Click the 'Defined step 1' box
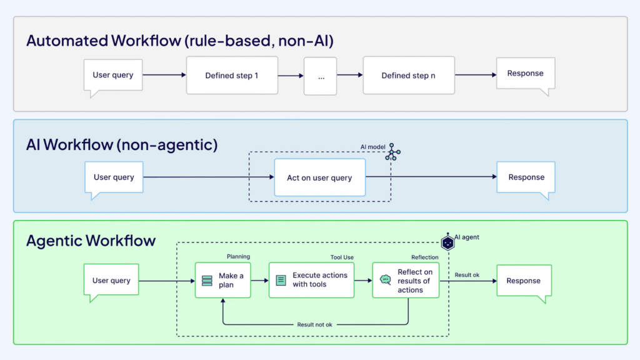(231, 76)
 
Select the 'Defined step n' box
(408, 76)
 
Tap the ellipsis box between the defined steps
(320, 76)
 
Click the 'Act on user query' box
(319, 177)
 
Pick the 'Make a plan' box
(222, 280)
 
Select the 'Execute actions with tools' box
(311, 280)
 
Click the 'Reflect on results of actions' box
(406, 281)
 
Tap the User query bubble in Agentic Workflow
(111, 280)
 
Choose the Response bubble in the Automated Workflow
(525, 74)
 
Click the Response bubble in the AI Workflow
(526, 177)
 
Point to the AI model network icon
(392, 152)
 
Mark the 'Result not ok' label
(314, 324)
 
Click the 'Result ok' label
(467, 275)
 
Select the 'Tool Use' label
(342, 257)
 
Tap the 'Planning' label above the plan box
(238, 256)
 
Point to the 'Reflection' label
(424, 257)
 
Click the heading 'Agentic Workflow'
(91, 241)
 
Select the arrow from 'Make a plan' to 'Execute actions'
(259, 281)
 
